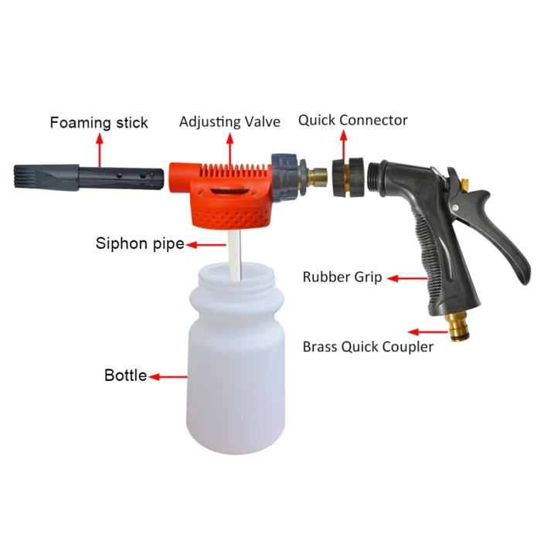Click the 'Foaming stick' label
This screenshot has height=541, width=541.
(x=99, y=122)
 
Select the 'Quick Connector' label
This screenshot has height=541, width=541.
(x=353, y=120)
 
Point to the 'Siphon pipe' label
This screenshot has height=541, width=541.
(x=140, y=243)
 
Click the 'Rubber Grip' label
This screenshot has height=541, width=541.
(x=342, y=277)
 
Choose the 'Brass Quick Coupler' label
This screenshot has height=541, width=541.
(x=368, y=346)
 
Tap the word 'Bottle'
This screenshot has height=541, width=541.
(x=125, y=376)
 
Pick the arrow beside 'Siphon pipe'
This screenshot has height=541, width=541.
(x=204, y=244)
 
